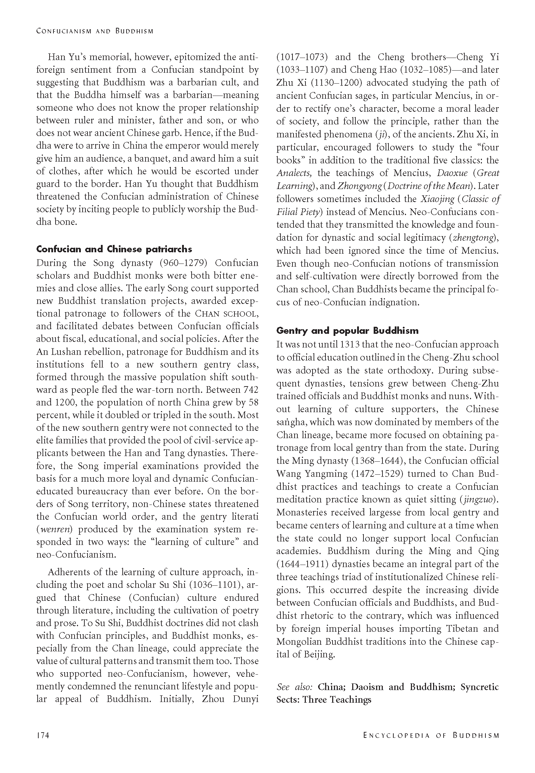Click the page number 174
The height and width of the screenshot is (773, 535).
tap(43, 735)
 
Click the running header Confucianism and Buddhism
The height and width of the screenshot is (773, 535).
tap(95, 31)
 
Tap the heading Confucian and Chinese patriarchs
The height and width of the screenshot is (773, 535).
tap(114, 249)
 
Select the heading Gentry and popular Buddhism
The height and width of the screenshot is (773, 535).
tap(347, 331)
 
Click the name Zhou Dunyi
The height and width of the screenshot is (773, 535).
tap(230, 699)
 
